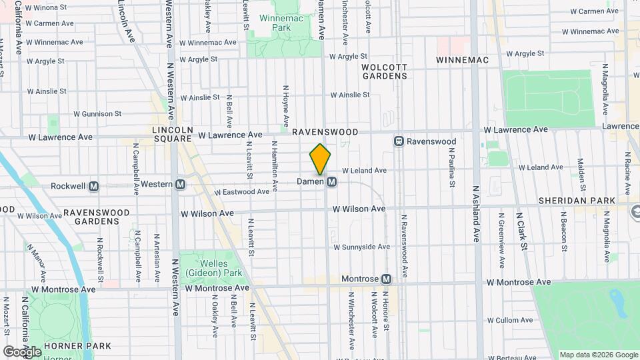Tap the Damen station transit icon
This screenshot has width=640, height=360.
click(x=331, y=181)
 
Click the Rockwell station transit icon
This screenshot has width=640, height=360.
click(x=94, y=186)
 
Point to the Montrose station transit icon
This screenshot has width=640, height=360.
click(x=386, y=279)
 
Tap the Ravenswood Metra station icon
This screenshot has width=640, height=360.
click(x=399, y=141)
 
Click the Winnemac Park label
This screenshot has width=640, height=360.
click(x=275, y=23)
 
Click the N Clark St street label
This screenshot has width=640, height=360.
click(x=520, y=231)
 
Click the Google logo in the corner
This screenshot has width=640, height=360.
click(x=23, y=351)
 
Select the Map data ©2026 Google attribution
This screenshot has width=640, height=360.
click(x=598, y=355)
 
